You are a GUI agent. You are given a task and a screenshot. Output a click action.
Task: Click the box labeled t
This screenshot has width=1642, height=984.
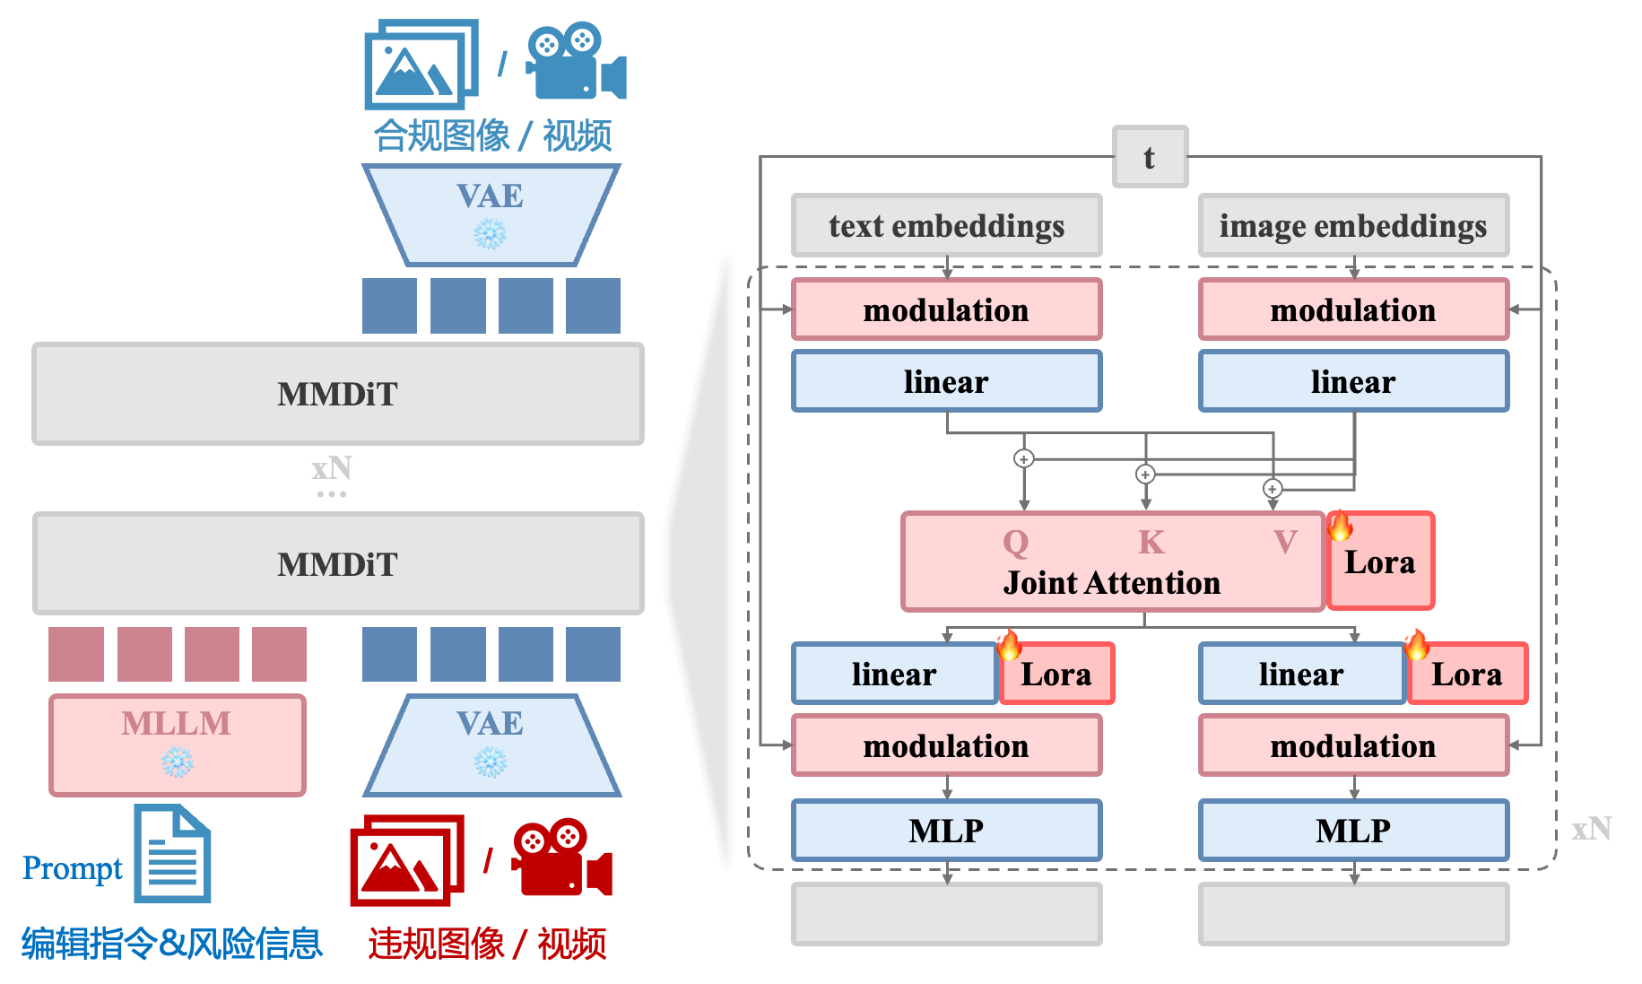point(1150,157)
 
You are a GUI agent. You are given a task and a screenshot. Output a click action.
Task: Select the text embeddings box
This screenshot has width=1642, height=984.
point(946,226)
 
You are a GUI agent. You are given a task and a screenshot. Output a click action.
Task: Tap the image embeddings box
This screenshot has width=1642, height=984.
point(1352,226)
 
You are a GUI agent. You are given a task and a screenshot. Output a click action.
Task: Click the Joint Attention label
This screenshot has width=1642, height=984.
point(1112,583)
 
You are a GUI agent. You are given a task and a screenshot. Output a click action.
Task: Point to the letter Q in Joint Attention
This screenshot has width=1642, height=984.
point(1015,542)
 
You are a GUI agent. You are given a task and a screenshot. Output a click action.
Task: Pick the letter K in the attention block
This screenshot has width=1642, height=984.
point(1151,542)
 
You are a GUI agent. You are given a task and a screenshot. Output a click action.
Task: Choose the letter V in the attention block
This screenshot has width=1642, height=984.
point(1285,542)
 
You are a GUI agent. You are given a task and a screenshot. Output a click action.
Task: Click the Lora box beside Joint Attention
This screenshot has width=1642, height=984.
point(1380,562)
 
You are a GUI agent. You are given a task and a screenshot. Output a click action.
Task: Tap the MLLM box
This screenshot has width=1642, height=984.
point(178,744)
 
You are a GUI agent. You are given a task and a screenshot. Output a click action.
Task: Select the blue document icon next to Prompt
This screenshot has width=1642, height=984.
point(172,854)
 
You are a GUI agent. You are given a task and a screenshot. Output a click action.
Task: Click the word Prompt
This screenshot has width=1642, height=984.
point(72,868)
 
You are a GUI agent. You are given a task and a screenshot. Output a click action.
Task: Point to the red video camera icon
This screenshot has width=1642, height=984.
point(562,858)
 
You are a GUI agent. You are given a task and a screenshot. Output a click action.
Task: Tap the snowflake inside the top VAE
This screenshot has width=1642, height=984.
point(490,234)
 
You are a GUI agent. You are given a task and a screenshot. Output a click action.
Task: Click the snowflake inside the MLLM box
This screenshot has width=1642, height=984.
point(177,762)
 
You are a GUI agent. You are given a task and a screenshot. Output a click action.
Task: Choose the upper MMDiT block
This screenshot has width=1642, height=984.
point(337,394)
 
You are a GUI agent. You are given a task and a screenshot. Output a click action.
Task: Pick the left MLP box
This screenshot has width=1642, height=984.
point(946,831)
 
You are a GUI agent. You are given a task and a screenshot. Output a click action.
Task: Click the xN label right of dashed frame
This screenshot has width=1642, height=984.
point(1591,829)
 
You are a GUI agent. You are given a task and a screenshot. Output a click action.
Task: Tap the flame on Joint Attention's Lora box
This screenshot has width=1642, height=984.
point(1340,525)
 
